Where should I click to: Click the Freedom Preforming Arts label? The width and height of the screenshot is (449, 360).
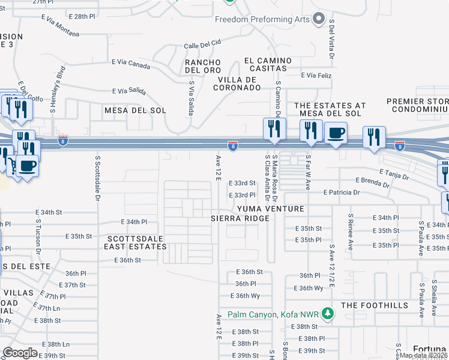click(262, 19)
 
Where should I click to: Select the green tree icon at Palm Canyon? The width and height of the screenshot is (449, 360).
click(327, 313)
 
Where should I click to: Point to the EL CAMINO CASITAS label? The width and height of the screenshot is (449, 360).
click(268, 65)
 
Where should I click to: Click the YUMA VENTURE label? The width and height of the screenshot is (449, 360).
click(271, 208)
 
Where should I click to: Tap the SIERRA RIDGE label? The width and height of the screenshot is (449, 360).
click(240, 218)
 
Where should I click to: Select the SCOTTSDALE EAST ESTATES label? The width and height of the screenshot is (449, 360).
click(134, 242)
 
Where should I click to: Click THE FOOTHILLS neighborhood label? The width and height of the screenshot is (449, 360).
click(375, 305)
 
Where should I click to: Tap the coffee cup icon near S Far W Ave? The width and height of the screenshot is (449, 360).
click(336, 133)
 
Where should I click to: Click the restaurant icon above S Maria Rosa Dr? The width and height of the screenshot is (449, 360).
click(274, 129)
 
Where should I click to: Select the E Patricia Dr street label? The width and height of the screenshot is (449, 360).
click(342, 193)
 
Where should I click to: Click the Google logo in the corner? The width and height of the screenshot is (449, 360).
click(20, 353)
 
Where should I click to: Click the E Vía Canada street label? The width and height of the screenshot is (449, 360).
click(131, 62)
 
